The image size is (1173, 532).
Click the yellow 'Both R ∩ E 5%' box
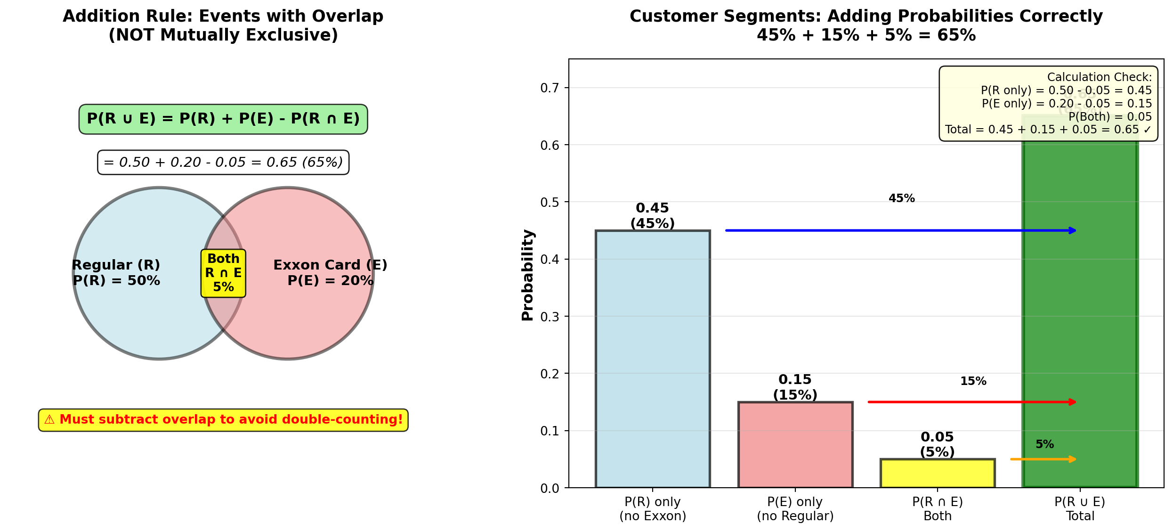pyautogui.click(x=223, y=273)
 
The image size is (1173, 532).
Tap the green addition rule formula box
pyautogui.click(x=223, y=119)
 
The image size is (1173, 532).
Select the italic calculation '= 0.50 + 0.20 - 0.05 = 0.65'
pyautogui.click(x=223, y=163)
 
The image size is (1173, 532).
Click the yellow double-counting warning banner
pyautogui.click(x=223, y=420)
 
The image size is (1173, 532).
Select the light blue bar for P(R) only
pyautogui.click(x=652, y=358)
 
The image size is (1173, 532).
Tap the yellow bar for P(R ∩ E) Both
pyautogui.click(x=937, y=473)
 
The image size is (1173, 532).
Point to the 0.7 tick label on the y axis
pyautogui.click(x=550, y=88)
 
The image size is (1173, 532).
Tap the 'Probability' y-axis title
pyautogui.click(x=528, y=275)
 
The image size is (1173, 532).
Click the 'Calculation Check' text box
pyautogui.click(x=1048, y=104)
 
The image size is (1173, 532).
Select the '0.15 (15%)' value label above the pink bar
pyautogui.click(x=795, y=387)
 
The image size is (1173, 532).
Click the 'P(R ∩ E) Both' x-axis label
pyautogui.click(x=937, y=509)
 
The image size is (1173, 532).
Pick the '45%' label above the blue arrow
pyautogui.click(x=901, y=198)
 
